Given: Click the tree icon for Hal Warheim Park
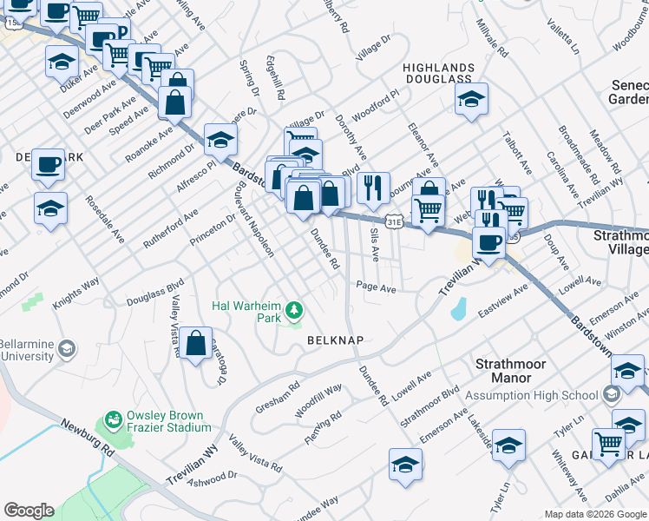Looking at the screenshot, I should pos(295,309).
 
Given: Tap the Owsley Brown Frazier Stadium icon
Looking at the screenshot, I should pos(113,420).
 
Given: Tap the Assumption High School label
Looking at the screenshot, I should pos(531,396).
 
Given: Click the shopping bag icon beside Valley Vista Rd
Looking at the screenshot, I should pos(197,343).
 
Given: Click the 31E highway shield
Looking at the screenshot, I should pos(394,222).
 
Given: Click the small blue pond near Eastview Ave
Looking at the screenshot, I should pos(458,308).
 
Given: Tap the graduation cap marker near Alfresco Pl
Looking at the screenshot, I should pos(220,139).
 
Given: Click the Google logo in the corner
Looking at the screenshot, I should pos(29,511).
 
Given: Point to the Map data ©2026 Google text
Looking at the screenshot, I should pos(593,514).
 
